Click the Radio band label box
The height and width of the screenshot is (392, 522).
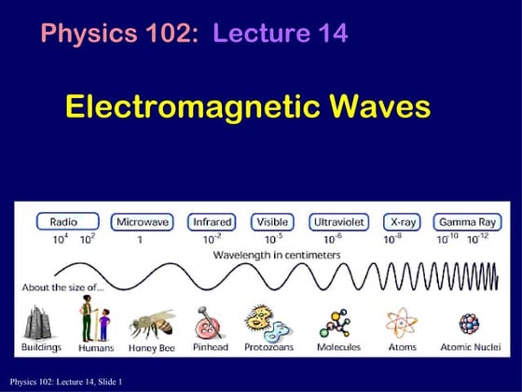pyautogui.click(x=68, y=222)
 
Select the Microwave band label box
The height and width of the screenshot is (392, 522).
pyautogui.click(x=142, y=222)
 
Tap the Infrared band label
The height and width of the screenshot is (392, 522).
pyautogui.click(x=212, y=222)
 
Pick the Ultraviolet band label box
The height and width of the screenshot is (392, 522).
pyautogui.click(x=339, y=222)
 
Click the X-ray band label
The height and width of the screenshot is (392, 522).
pyautogui.click(x=402, y=222)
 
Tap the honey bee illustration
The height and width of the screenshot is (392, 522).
pyautogui.click(x=150, y=323)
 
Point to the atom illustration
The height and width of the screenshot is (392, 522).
pyautogui.click(x=401, y=323)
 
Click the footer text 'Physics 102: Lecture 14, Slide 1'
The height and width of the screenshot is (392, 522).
pyautogui.click(x=67, y=382)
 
